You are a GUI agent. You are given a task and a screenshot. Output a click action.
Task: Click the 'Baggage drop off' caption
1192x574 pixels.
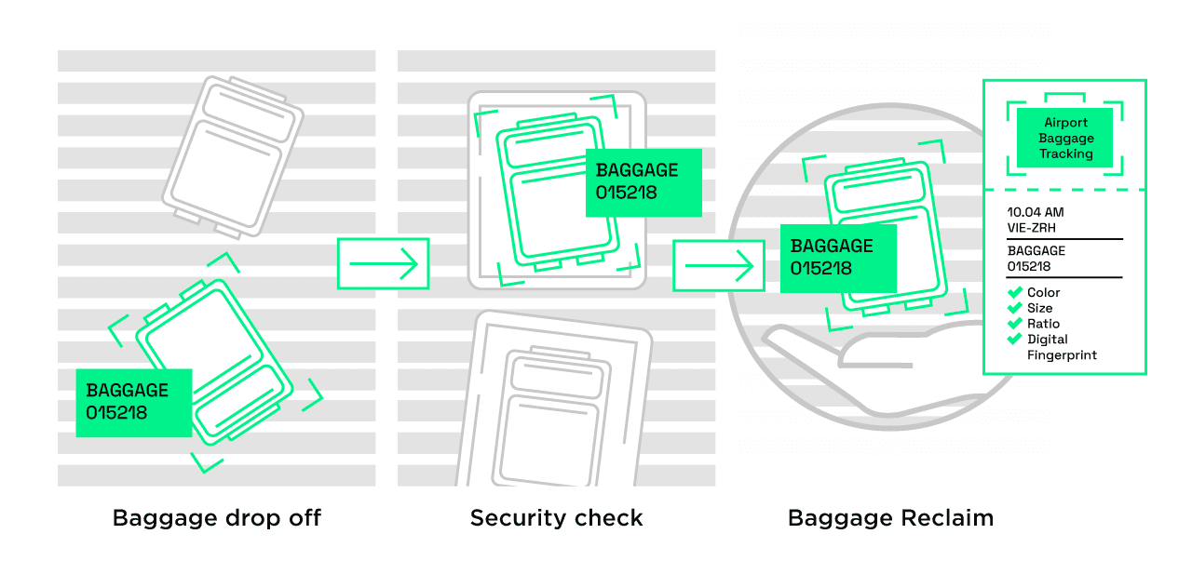coord(216,518)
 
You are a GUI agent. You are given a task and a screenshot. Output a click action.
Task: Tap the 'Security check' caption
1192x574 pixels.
coord(556,518)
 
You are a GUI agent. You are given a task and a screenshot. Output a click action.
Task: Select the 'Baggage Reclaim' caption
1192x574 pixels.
coord(890,518)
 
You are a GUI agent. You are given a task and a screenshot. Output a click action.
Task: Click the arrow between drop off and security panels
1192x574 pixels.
coord(383,264)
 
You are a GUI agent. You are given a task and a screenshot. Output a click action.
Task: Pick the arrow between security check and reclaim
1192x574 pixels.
coord(718,266)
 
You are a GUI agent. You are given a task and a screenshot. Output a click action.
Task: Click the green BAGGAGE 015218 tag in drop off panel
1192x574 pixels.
coord(133,402)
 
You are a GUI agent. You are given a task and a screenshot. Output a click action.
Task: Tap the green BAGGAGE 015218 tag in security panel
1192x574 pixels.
coord(643,182)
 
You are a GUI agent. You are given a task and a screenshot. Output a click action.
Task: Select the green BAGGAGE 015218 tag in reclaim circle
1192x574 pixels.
coord(837,258)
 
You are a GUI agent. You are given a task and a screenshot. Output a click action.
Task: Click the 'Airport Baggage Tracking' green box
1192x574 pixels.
coord(1065,138)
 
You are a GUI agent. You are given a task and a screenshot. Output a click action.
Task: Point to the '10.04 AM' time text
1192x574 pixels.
coord(1035,213)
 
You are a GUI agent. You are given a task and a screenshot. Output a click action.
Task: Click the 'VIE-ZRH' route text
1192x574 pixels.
coord(1031,228)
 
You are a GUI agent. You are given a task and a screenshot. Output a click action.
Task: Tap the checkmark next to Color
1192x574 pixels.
coord(1015,293)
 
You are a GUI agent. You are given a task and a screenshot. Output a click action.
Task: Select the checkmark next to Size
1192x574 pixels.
coord(1015,308)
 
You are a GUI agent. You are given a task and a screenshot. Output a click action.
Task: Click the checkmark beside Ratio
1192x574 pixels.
coord(1015,324)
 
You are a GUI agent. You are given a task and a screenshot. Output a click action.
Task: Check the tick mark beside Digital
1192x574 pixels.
coord(1015,340)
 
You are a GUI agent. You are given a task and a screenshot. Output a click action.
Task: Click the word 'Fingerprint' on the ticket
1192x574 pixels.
coord(1062,355)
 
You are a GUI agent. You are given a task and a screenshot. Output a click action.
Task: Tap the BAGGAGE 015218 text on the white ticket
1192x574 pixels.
coord(1036,259)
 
